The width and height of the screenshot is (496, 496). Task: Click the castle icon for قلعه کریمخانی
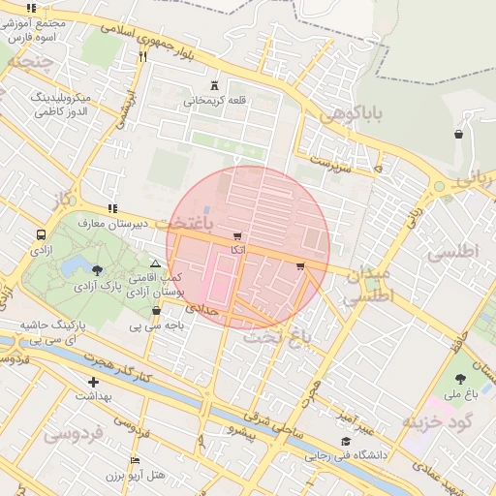click(215, 85)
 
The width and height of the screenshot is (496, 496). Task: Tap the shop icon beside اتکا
click(237, 236)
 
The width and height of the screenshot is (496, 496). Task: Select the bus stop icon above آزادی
click(41, 234)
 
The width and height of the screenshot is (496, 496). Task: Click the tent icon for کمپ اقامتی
click(155, 263)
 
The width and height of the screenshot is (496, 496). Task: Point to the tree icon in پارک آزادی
click(98, 270)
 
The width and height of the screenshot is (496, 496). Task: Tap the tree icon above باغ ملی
click(459, 380)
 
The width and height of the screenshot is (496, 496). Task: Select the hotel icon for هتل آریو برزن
click(135, 461)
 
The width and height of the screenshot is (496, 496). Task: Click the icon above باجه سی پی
click(157, 311)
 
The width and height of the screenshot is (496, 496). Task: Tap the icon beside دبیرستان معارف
click(113, 208)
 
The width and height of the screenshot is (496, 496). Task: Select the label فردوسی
click(73, 433)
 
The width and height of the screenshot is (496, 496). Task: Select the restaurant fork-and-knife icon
click(142, 56)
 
